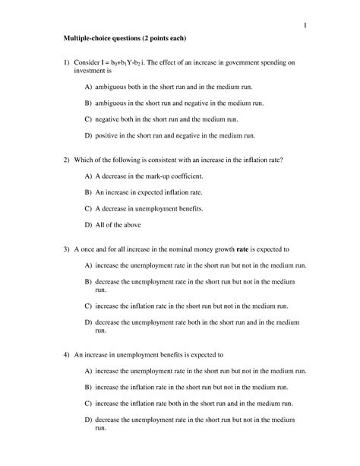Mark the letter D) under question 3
[x=88, y=323]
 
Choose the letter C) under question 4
[x=88, y=403]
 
